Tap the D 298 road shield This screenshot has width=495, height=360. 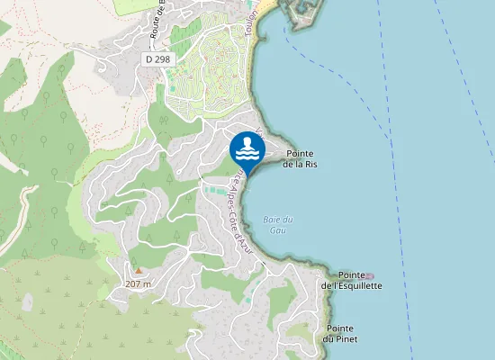click(157, 58)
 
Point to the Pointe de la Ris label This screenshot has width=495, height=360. click(300, 159)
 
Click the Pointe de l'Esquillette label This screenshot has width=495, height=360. click(352, 280)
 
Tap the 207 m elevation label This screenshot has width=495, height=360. click(138, 283)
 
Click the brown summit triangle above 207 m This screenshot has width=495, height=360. click(138, 270)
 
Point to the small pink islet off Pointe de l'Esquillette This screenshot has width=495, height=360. click(368, 276)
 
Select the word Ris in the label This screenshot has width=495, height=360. click(311, 165)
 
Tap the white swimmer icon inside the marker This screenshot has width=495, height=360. click(247, 147)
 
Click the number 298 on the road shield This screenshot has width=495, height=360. click(162, 58)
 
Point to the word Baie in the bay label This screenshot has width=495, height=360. click(273, 220)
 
